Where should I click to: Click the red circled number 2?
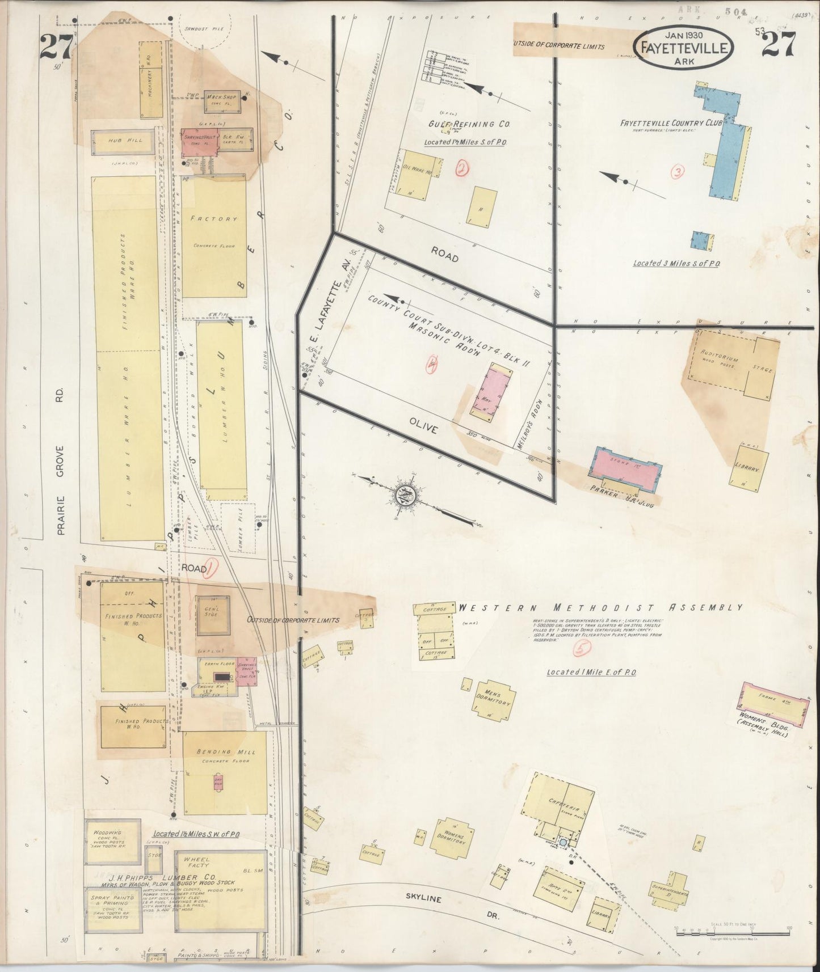(x=463, y=168)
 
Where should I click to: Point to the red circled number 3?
(x=676, y=172)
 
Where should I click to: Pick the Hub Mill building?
(x=123, y=141)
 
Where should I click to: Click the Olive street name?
(x=423, y=429)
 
